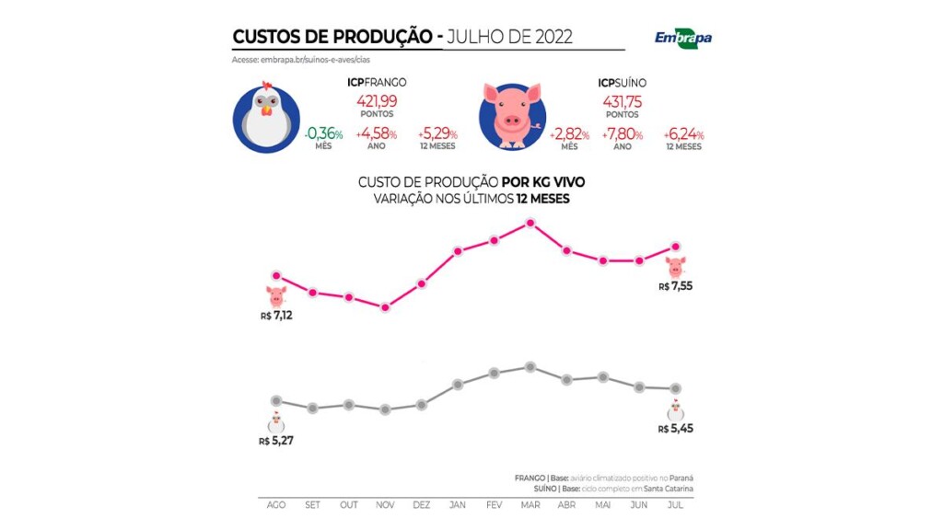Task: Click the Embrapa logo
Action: click(x=682, y=38)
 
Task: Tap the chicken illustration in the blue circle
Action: click(x=265, y=117)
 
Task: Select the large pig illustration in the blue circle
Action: click(x=512, y=117)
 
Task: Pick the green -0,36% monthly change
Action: click(x=323, y=134)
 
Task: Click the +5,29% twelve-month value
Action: click(x=437, y=134)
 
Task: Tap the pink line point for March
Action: click(x=530, y=223)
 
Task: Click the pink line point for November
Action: click(x=385, y=307)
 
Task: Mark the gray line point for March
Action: click(x=530, y=367)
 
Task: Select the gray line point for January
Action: click(x=458, y=384)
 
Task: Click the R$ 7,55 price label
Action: click(x=676, y=287)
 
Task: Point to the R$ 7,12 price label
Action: click(x=277, y=316)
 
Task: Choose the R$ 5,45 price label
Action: click(x=676, y=429)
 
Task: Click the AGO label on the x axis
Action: click(x=275, y=505)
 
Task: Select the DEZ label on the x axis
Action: click(x=421, y=505)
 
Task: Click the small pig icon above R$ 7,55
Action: click(x=676, y=267)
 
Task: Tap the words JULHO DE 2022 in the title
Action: click(x=509, y=37)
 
